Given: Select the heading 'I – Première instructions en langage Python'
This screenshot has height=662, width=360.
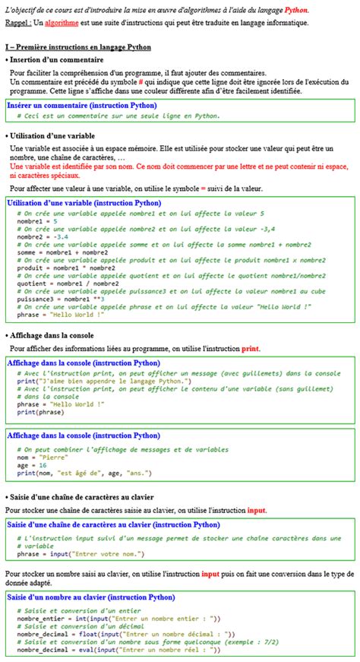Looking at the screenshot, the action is [x=77, y=47].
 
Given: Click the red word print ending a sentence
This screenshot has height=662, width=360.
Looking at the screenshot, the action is [x=250, y=349].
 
